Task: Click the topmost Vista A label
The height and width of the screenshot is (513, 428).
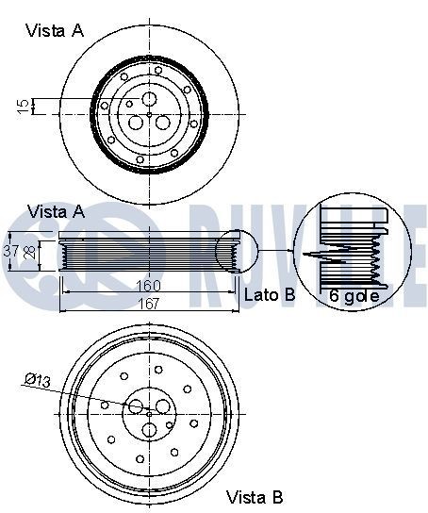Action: [54, 30]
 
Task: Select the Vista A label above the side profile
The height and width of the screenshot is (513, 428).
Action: [58, 210]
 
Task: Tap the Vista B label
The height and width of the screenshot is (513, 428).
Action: [255, 496]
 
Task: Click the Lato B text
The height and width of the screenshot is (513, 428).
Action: [270, 295]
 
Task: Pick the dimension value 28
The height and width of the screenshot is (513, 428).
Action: [28, 251]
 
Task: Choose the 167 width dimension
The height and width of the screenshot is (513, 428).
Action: [146, 303]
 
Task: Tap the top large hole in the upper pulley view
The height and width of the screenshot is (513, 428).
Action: [149, 100]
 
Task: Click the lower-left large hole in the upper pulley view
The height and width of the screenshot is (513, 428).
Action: [137, 123]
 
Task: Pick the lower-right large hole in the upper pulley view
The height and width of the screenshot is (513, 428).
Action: [162, 123]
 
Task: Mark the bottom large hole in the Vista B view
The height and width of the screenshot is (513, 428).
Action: [149, 430]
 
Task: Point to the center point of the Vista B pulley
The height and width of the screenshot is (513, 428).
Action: [149, 414]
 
